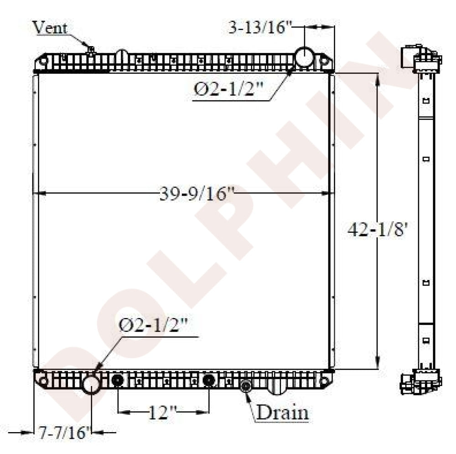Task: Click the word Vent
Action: [50, 27]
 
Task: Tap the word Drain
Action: [282, 412]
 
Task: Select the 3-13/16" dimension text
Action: [260, 28]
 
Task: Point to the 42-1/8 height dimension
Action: [378, 230]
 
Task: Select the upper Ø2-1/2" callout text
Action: [228, 89]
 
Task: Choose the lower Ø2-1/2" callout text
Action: [153, 325]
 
